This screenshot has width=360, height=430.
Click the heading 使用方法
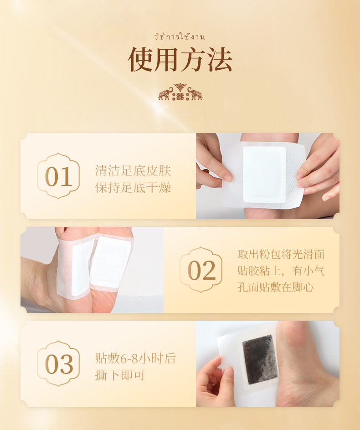point(180,59)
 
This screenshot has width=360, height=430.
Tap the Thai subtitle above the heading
point(180,37)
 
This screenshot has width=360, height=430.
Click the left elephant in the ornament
point(165,93)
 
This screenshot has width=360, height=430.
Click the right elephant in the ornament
point(195,93)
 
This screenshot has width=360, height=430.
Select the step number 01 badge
point(58,176)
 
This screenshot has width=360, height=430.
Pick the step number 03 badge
point(58,364)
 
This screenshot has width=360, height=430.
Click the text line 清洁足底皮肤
point(133,171)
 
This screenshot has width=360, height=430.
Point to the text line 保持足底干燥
point(133,188)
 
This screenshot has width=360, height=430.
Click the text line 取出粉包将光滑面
point(281,254)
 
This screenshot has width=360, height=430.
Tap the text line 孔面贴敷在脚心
point(275,287)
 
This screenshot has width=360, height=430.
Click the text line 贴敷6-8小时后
point(135,358)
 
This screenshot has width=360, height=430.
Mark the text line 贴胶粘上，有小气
point(281,271)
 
